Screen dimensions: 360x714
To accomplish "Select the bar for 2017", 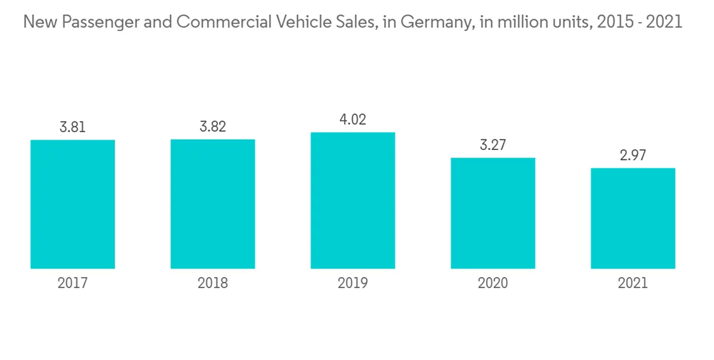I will point(73,204).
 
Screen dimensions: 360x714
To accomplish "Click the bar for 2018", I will point(213,204).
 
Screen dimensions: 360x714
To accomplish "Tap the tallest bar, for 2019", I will point(353,201).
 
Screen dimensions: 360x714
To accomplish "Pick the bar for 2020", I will point(493,213).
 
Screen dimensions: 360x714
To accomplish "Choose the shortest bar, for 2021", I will point(633,219).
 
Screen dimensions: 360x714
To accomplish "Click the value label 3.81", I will point(73,127).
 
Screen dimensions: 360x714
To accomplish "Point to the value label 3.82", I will point(213,126).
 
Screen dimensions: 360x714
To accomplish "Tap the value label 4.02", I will point(353,119).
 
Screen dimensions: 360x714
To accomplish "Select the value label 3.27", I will point(493,145).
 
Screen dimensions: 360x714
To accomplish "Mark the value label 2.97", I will point(633,156).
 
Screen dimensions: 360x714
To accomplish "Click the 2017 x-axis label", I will point(73,284).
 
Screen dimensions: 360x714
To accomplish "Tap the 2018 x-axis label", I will point(213,284).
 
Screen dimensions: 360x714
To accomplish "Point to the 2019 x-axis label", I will point(353,284).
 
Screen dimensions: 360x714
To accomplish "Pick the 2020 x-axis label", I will point(493,284).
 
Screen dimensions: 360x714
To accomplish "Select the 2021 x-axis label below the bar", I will point(633,284).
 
